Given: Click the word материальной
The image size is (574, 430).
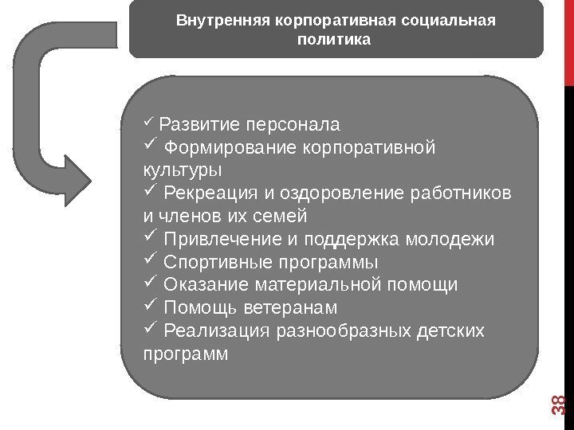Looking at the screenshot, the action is pos(314,284).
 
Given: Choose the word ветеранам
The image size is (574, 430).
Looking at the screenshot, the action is pos(294,307).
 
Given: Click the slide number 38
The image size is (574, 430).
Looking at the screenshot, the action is pos(558,407).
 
